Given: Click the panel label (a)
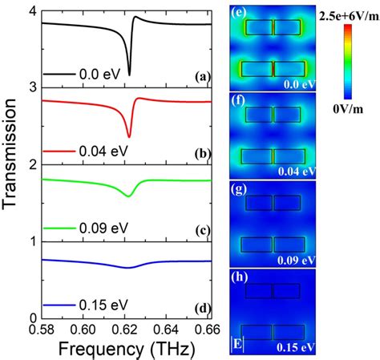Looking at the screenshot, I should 202,78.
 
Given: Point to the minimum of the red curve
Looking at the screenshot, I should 129,137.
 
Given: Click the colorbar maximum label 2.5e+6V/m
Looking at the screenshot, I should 347,15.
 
